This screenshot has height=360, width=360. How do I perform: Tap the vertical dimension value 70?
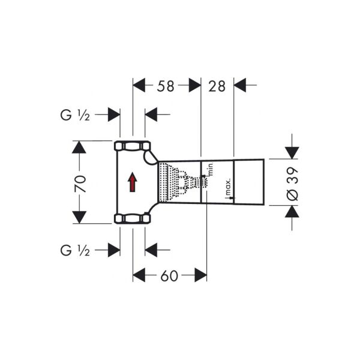[x=80, y=182]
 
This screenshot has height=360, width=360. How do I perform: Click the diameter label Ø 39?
[x=292, y=182]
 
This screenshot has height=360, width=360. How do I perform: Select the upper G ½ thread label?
[x=75, y=115]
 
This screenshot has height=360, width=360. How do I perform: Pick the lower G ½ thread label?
[x=75, y=249]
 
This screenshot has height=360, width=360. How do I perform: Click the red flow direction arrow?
[x=133, y=182]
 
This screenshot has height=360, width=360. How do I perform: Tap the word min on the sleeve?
[x=211, y=169]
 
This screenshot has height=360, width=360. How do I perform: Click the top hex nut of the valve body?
[x=132, y=146]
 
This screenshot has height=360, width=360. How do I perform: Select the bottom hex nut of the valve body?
[x=132, y=218]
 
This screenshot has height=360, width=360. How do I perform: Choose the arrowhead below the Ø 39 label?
[x=292, y=212]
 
